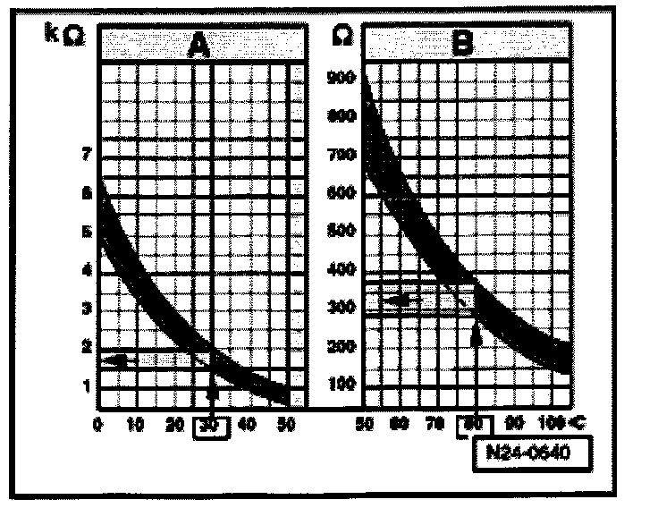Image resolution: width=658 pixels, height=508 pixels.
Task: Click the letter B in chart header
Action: (463, 44)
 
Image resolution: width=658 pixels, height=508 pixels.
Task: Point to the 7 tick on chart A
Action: (85, 156)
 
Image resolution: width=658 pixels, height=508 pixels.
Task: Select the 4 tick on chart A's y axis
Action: (86, 270)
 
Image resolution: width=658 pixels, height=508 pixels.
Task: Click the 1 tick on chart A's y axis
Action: (86, 385)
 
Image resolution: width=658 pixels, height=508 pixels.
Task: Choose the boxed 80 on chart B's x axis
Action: (475, 425)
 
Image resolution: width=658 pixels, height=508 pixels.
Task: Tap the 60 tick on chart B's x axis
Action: (401, 425)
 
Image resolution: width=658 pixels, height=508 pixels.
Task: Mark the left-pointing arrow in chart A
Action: (117, 360)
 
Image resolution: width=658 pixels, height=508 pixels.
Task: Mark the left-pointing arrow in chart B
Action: (396, 300)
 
